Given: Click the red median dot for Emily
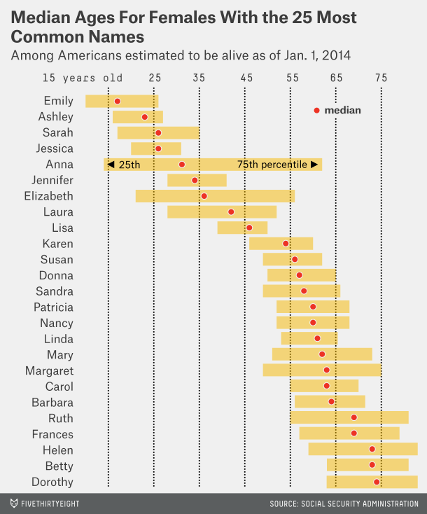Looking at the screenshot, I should [117, 102].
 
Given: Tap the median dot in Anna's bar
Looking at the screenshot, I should [182, 165].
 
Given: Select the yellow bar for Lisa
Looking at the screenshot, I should [242, 228].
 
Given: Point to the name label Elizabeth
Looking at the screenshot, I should [48, 196].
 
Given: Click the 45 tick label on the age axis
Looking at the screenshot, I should [246, 78].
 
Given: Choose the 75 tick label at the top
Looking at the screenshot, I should [381, 78].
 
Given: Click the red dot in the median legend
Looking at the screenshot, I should [316, 110].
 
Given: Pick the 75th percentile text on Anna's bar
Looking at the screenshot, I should [272, 165].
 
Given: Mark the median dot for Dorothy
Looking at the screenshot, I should [377, 482].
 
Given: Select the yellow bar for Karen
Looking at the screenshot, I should [281, 244].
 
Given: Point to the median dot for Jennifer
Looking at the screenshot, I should [195, 181].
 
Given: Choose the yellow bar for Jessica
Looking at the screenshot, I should [156, 148].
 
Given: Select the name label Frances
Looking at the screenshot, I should [52, 434].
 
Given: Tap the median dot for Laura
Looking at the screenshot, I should [231, 211].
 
